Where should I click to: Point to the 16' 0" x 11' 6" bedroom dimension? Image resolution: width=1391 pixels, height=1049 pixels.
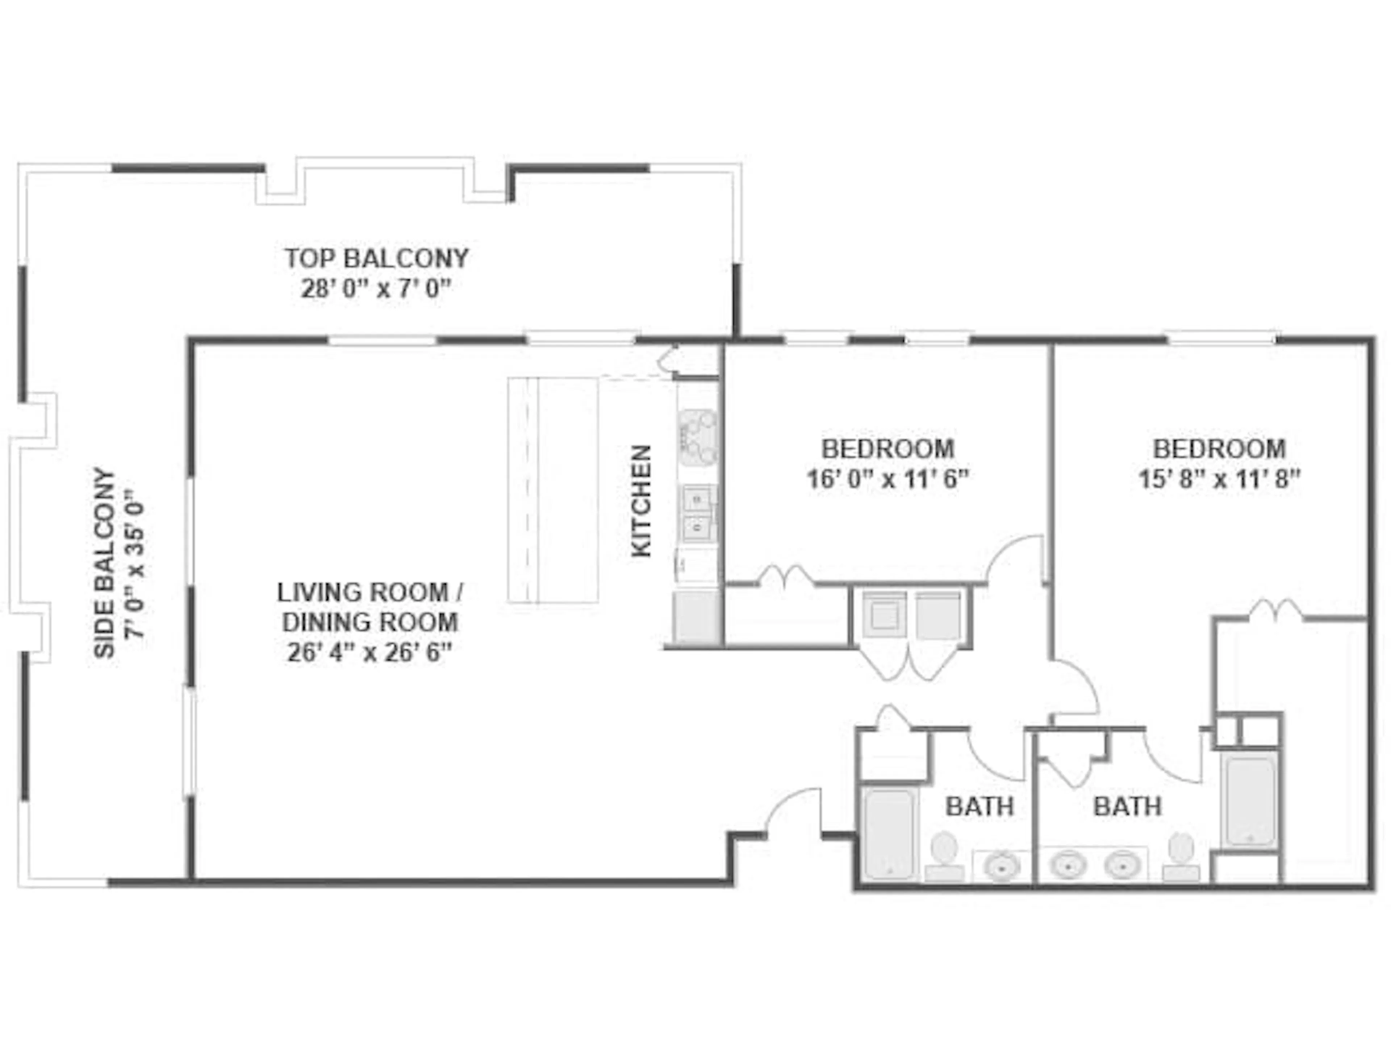[x=887, y=479]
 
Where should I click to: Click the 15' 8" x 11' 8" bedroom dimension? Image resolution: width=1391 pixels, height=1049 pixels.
[x=1219, y=479]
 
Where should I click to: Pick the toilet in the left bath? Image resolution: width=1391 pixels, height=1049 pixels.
[x=943, y=855]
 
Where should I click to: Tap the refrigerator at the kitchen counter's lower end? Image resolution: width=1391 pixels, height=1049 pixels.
[x=695, y=616]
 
